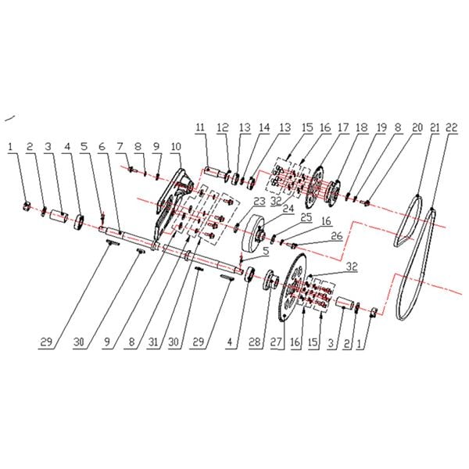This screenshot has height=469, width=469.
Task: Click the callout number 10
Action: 176,147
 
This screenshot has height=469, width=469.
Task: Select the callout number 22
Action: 451,127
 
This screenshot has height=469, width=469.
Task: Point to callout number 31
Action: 153,342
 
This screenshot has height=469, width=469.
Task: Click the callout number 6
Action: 102,147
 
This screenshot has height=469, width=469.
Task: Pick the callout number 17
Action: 343,127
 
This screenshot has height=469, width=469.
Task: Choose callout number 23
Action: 259,202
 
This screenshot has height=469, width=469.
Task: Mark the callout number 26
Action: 336,235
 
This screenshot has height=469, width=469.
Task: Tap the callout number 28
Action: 255,342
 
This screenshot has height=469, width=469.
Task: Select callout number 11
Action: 200,127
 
